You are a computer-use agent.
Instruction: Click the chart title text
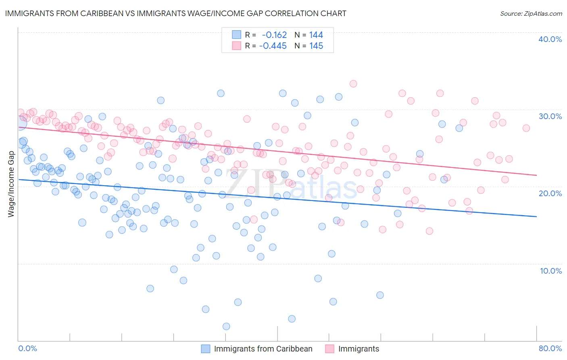pyautogui.click(x=175, y=14)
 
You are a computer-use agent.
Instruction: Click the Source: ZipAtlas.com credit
pyautogui.click(x=531, y=14)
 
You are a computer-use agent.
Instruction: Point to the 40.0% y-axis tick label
pyautogui.click(x=550, y=39)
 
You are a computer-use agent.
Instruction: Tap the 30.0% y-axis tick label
pyautogui.click(x=550, y=116)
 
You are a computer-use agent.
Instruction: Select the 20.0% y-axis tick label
pyautogui.click(x=550, y=193)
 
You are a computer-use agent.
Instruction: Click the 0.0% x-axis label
pyautogui.click(x=27, y=348)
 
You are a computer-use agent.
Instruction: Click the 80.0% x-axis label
pyautogui.click(x=550, y=348)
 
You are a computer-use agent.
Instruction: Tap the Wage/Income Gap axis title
pyautogui.click(x=11, y=184)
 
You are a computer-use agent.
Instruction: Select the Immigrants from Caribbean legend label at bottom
pyautogui.click(x=263, y=349)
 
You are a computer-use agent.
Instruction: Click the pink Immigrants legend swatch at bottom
pyautogui.click(x=329, y=349)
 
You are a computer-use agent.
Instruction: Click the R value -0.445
pyautogui.click(x=273, y=46)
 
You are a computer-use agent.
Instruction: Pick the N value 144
pyautogui.click(x=316, y=35)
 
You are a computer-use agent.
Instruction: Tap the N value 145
pyautogui.click(x=316, y=46)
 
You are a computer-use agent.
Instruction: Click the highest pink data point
pyautogui.click(x=353, y=84)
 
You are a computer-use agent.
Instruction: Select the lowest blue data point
pyautogui.click(x=226, y=326)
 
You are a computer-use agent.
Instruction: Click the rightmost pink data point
pyautogui.click(x=526, y=128)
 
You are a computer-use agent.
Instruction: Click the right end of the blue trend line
pyautogui.click(x=536, y=217)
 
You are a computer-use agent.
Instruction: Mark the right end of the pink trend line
pyautogui.click(x=536, y=175)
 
